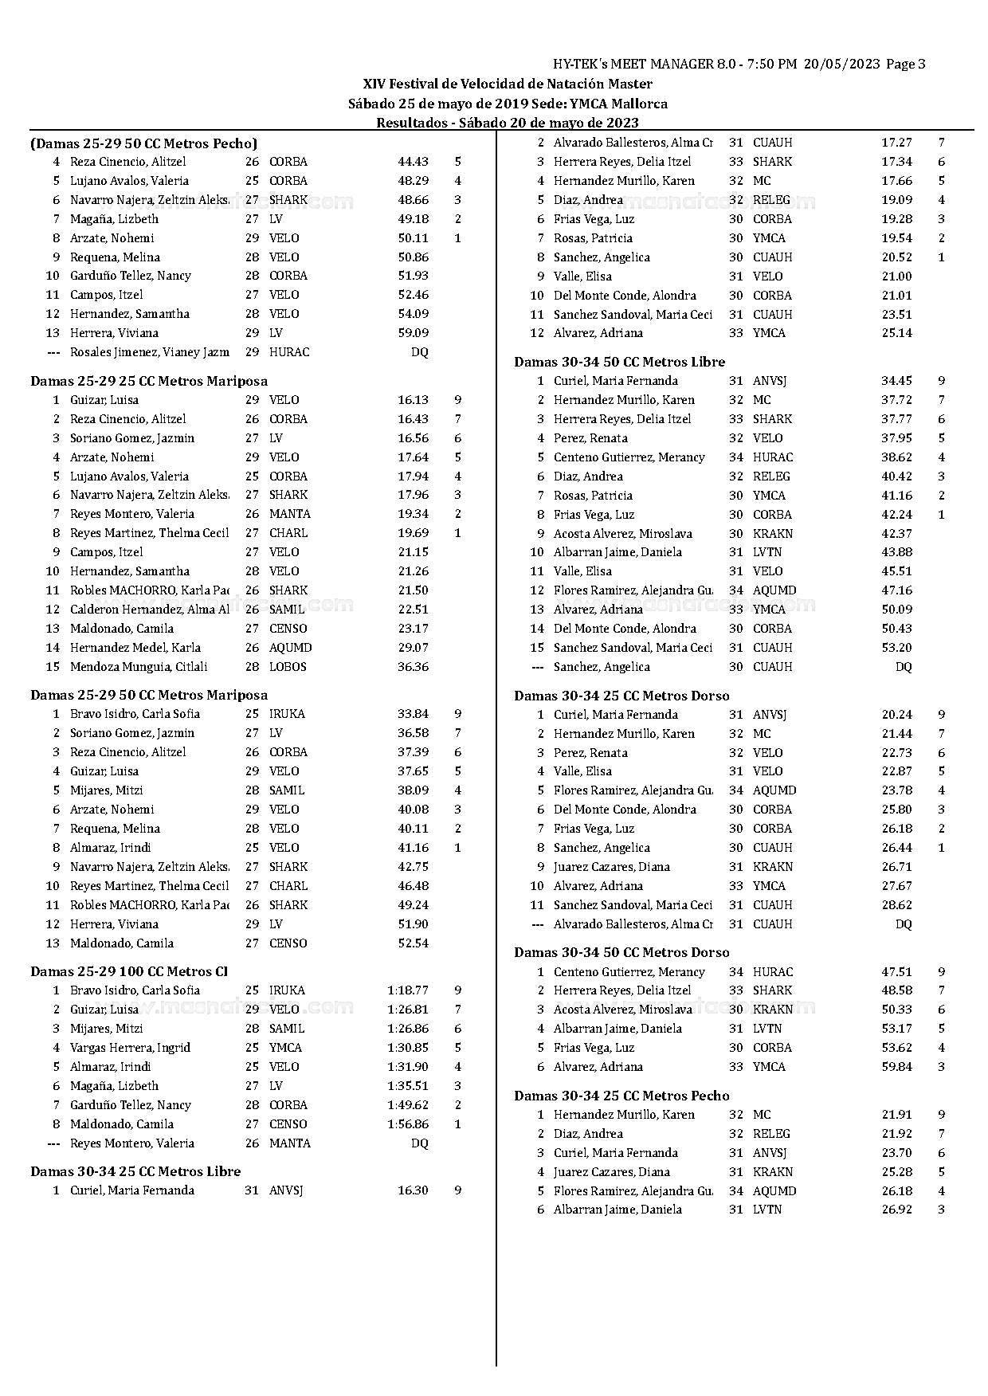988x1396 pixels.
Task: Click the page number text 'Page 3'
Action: (x=905, y=65)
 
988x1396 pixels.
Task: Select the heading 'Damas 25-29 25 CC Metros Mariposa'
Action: (x=149, y=381)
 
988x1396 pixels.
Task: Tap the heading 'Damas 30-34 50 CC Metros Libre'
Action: (x=619, y=362)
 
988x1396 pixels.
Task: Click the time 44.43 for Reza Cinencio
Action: (x=413, y=162)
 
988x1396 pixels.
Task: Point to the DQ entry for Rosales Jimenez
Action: (x=419, y=352)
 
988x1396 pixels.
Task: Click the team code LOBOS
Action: (x=288, y=667)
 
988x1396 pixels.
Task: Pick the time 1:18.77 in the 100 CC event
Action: (x=408, y=990)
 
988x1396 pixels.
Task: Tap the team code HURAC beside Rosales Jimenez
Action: (x=289, y=352)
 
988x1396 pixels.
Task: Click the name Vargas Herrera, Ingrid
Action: (x=130, y=1048)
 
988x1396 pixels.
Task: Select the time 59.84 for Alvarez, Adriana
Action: (x=896, y=1067)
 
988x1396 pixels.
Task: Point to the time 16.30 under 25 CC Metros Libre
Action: (x=413, y=1190)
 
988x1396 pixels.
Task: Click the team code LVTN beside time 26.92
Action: (x=767, y=1210)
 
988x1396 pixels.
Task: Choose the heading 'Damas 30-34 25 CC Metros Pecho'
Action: (x=621, y=1096)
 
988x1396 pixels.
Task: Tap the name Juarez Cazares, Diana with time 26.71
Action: (x=612, y=867)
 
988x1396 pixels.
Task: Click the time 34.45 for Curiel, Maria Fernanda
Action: (x=896, y=381)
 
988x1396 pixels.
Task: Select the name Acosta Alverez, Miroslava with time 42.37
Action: (x=623, y=534)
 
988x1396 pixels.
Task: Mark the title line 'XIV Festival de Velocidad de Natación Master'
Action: (x=508, y=84)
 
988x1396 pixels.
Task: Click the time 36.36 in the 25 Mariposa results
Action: (x=413, y=667)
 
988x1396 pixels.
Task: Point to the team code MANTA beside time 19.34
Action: (x=290, y=514)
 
